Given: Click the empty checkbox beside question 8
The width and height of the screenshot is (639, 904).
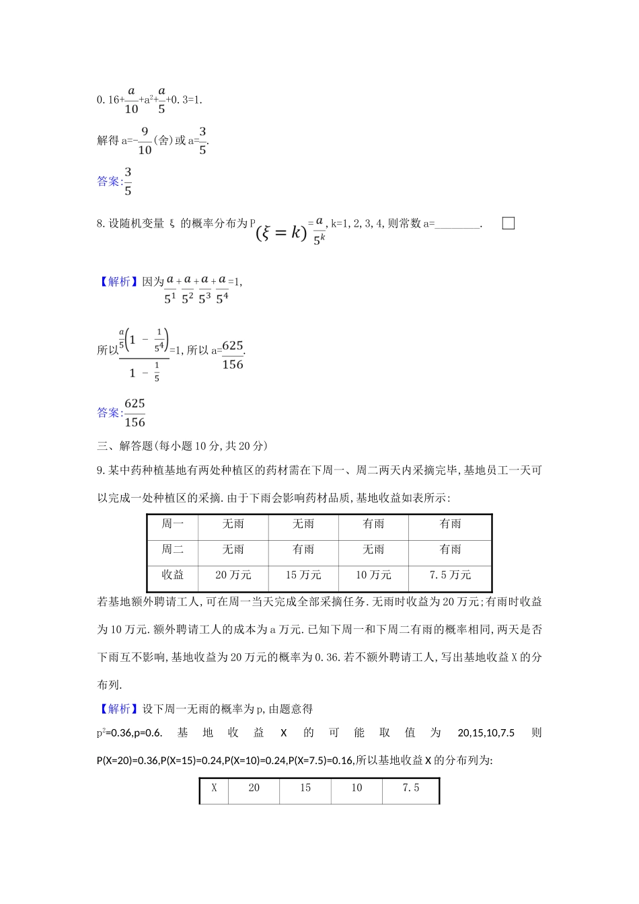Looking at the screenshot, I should pyautogui.click(x=509, y=223).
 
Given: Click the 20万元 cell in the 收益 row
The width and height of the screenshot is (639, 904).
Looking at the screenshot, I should pyautogui.click(x=233, y=575).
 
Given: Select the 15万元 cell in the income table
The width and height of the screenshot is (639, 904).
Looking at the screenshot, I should pyautogui.click(x=303, y=575).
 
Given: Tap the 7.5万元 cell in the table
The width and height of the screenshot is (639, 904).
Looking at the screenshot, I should pyautogui.click(x=450, y=575).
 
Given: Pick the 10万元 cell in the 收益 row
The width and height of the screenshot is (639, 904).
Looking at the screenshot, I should pyautogui.click(x=373, y=575).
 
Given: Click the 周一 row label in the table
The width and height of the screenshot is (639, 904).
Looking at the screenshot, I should pyautogui.click(x=173, y=524).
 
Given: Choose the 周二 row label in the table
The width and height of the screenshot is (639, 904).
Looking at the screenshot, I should pyautogui.click(x=173, y=550).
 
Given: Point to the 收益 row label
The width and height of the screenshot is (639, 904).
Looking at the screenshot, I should pyautogui.click(x=173, y=575).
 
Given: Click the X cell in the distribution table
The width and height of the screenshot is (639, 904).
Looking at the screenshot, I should pyautogui.click(x=214, y=788).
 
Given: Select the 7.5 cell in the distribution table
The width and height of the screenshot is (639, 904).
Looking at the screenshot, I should pyautogui.click(x=410, y=788).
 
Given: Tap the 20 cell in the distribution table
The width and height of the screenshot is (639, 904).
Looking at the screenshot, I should pyautogui.click(x=254, y=788).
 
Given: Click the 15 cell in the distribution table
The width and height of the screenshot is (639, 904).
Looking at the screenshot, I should pyautogui.click(x=305, y=788).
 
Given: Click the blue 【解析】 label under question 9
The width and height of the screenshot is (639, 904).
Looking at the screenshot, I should pyautogui.click(x=118, y=709).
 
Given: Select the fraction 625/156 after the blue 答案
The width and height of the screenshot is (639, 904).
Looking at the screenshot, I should pyautogui.click(x=135, y=412).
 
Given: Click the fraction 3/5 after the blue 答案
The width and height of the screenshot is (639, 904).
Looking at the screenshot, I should pyautogui.click(x=128, y=182).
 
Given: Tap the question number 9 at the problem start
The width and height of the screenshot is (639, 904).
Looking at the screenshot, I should pyautogui.click(x=100, y=471).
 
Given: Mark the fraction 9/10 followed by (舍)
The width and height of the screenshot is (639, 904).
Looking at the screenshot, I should pyautogui.click(x=145, y=141).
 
